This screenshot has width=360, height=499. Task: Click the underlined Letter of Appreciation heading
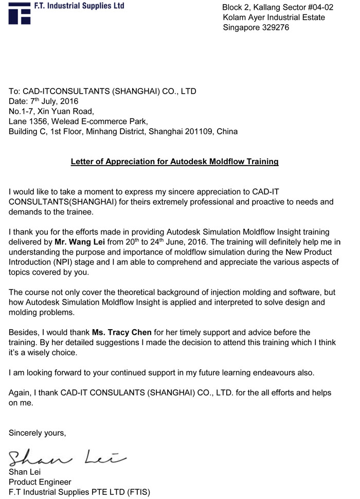click(174, 162)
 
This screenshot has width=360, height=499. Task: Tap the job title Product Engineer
click(40, 482)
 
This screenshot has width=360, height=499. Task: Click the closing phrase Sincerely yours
click(38, 433)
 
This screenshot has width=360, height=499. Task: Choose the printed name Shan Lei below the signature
click(25, 472)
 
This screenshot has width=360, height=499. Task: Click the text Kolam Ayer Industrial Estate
click(274, 17)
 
